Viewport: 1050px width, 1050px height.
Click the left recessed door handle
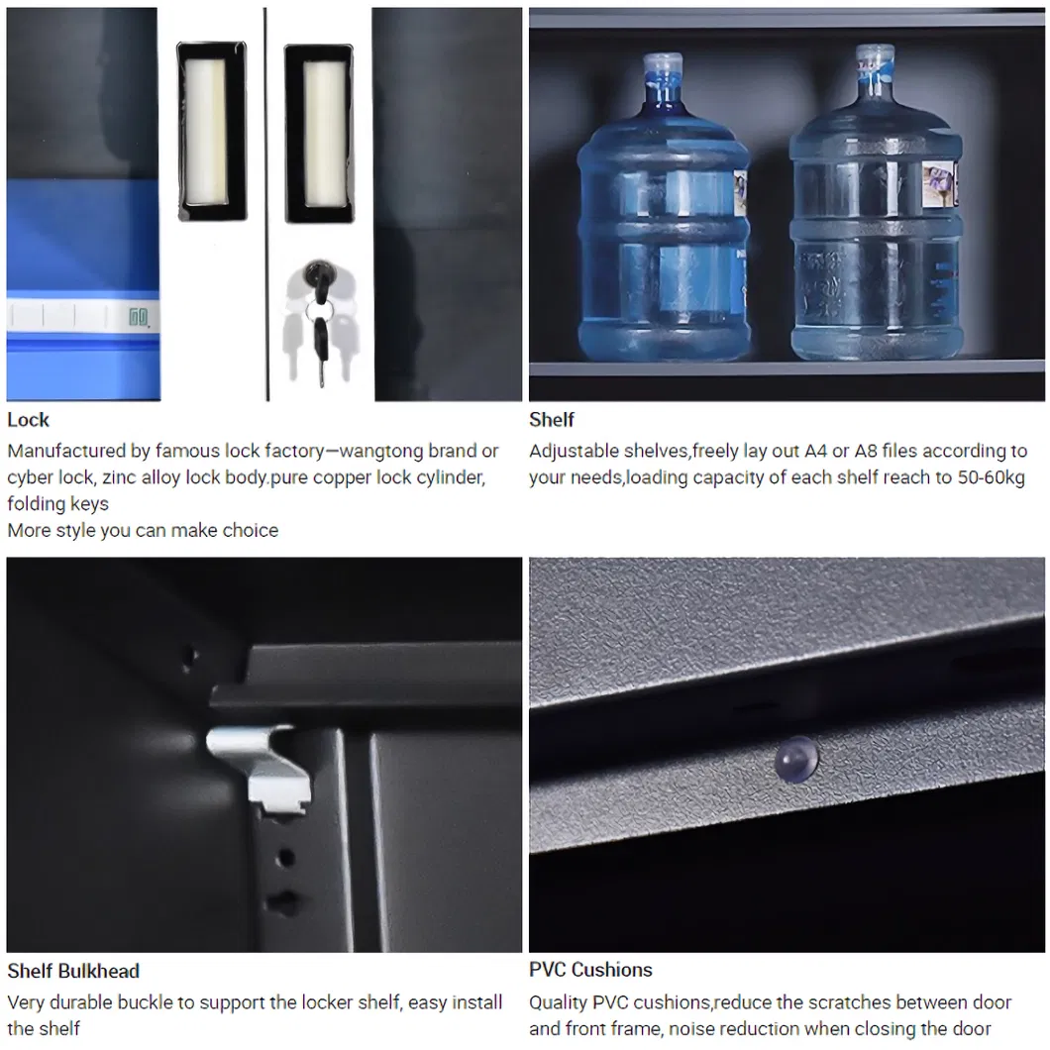(212, 131)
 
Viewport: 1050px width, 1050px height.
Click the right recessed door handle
(319, 134)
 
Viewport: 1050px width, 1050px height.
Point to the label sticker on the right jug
(939, 185)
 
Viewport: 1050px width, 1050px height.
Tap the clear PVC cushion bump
(796, 760)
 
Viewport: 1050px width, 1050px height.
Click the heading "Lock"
(28, 420)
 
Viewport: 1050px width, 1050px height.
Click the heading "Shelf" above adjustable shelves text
(551, 420)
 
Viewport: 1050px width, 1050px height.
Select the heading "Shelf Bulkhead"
(73, 971)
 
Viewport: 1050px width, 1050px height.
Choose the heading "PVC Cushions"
(590, 970)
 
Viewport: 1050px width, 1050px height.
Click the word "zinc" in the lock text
(119, 477)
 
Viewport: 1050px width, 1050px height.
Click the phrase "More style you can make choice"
(143, 530)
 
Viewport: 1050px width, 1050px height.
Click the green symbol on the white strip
(138, 317)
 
